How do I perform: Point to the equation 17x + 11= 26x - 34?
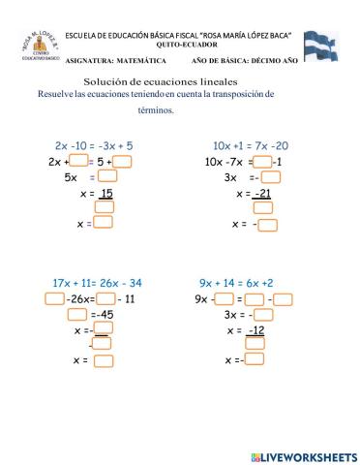tap(97, 283)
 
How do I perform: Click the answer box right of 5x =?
tap(108, 177)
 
